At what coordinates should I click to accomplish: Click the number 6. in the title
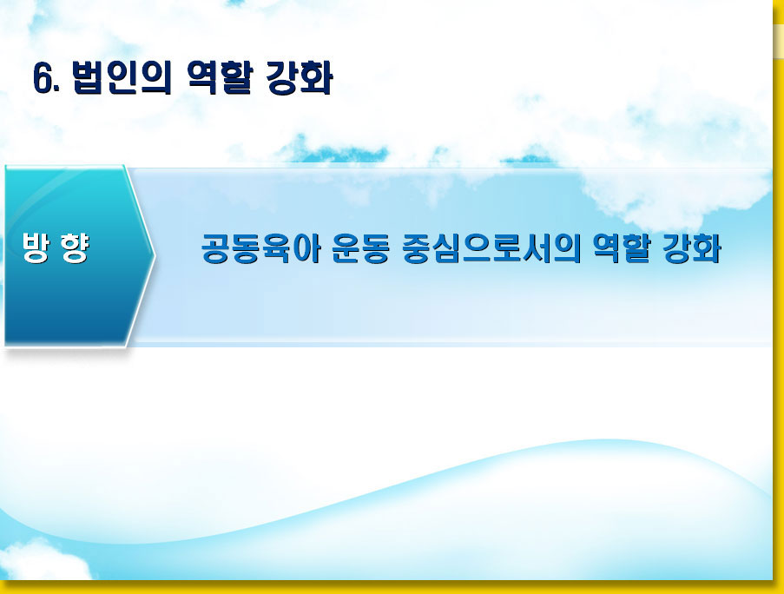click(x=46, y=78)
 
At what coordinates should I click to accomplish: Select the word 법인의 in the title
click(x=122, y=77)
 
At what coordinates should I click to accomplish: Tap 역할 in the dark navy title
click(x=218, y=77)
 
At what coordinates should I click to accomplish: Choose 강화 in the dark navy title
click(x=299, y=77)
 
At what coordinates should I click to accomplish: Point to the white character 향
click(x=75, y=247)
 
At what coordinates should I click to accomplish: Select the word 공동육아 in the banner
click(x=260, y=248)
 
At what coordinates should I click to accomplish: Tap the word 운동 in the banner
click(x=360, y=248)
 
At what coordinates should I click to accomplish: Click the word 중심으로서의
click(x=491, y=248)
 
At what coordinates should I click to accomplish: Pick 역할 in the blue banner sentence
click(x=621, y=248)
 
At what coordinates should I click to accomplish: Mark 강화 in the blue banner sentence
click(x=691, y=248)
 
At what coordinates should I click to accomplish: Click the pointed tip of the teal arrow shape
click(x=155, y=255)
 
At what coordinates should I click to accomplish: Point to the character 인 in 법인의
click(x=122, y=77)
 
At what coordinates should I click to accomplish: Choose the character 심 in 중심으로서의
click(x=446, y=248)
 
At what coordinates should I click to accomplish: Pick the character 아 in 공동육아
click(x=306, y=248)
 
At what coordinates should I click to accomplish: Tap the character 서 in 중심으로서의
click(x=537, y=248)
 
